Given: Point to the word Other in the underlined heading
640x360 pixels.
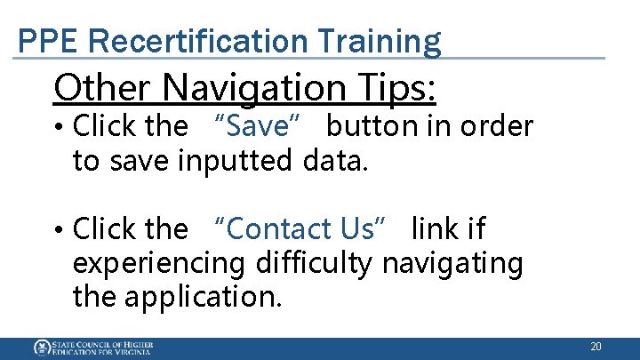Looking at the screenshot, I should point(102,87).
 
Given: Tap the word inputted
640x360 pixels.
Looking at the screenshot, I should point(235,161).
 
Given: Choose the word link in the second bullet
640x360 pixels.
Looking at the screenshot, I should point(448,229).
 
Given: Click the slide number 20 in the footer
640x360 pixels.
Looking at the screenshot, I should point(596,347).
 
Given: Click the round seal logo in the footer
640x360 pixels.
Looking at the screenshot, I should point(42,348).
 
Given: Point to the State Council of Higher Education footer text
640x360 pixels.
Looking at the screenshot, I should point(102,348).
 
